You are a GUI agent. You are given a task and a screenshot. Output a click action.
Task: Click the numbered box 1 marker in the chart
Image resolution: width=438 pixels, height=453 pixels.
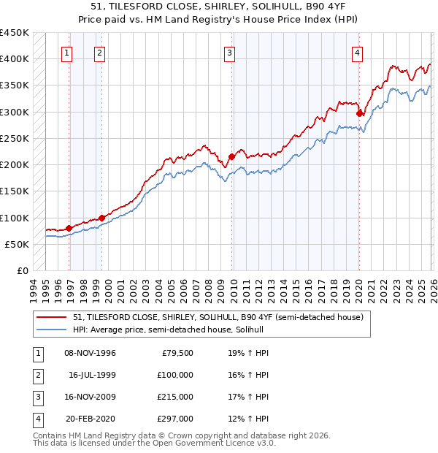point(67,52)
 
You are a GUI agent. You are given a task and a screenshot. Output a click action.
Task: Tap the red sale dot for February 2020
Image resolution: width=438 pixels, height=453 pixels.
point(360,113)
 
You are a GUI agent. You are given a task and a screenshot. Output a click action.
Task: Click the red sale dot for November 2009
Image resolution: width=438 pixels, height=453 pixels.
point(231,156)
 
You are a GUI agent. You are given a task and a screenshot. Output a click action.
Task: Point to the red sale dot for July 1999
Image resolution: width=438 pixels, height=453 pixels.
point(101,218)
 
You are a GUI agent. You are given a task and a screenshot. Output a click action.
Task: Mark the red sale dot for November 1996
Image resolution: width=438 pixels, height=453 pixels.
point(69,228)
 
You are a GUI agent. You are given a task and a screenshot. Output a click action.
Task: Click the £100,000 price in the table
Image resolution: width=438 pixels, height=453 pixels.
point(175,374)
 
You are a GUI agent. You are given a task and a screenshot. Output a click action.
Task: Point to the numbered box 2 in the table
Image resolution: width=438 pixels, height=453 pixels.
point(36,374)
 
